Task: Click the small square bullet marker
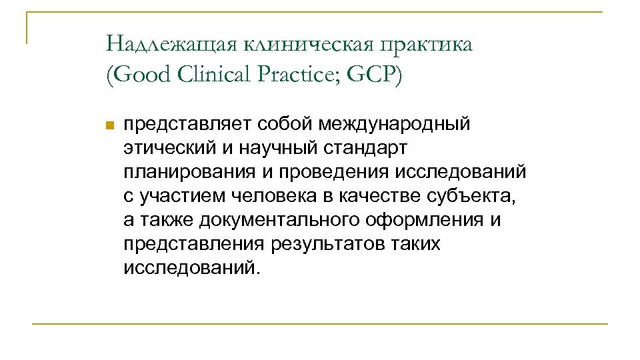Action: point(111,125)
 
